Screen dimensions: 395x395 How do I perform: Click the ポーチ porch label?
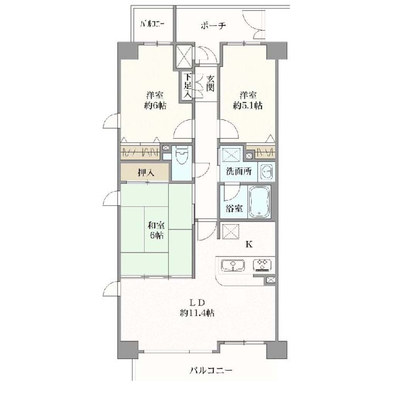213,25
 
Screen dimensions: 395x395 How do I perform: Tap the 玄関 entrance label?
210,83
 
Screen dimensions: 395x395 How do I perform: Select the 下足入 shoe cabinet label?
188,85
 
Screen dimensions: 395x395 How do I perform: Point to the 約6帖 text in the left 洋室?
155,106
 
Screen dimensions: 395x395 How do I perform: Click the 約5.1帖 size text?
248,106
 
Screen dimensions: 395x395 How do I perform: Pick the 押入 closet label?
146,172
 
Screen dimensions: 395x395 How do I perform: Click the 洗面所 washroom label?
238,172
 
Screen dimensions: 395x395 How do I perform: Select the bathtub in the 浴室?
260,201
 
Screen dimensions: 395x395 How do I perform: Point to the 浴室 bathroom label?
235,208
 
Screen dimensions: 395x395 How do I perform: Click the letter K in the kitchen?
249,244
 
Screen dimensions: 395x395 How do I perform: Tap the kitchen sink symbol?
233,265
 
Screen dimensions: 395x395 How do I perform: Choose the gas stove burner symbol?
262,265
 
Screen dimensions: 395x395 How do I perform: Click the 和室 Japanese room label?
156,225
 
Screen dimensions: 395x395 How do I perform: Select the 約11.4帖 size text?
197,313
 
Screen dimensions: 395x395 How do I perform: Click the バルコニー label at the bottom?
211,370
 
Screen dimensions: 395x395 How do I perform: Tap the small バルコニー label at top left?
152,24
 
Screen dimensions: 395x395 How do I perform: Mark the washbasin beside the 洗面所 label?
267,172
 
